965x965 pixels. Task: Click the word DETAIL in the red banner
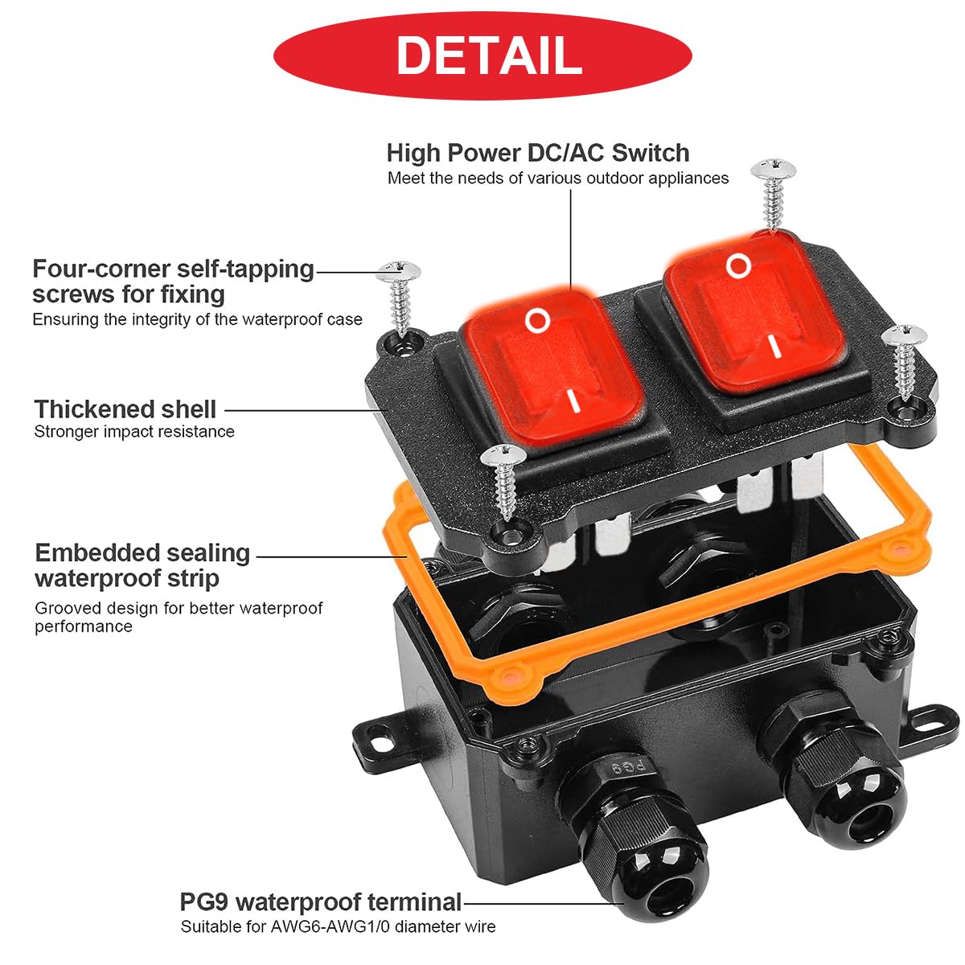tap(489, 55)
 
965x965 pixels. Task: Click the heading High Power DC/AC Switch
tap(538, 153)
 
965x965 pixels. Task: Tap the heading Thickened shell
tap(125, 409)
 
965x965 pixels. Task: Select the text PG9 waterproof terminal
tap(321, 902)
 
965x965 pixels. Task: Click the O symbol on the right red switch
tap(739, 265)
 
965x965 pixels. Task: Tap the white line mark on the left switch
tap(575, 401)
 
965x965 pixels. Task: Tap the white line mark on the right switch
tap(776, 347)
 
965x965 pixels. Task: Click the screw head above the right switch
tap(773, 169)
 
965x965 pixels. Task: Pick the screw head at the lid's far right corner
tap(905, 335)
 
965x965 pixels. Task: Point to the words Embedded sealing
tap(142, 552)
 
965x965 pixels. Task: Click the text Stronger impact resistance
tap(134, 432)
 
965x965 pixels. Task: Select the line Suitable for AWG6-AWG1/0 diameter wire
tap(338, 926)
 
